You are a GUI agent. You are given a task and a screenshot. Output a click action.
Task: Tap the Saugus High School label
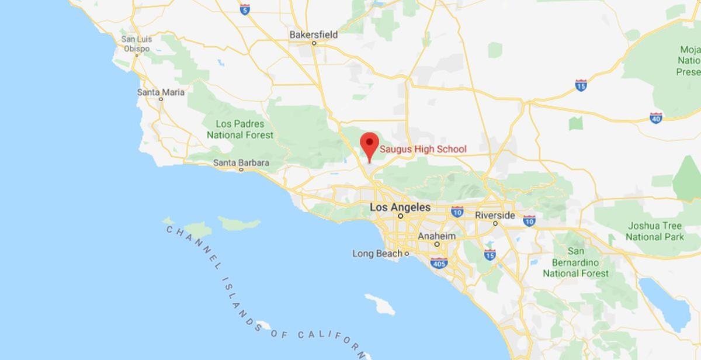(x=423, y=149)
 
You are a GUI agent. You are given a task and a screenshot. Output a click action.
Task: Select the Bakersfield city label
(x=313, y=34)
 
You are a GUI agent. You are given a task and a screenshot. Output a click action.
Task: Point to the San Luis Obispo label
(x=136, y=44)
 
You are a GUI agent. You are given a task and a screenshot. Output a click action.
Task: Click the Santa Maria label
(x=161, y=92)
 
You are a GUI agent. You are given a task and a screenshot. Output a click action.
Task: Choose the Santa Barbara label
(x=241, y=162)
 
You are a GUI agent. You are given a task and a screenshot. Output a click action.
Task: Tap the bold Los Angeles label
(x=400, y=207)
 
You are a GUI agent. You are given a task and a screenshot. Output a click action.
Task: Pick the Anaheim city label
(x=436, y=236)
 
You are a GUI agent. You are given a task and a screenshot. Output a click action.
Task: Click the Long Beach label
(x=377, y=254)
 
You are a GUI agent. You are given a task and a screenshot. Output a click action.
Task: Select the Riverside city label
(x=495, y=215)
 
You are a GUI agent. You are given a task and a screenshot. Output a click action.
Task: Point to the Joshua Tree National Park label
(x=655, y=231)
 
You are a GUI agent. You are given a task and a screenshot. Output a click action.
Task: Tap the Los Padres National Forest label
(x=240, y=129)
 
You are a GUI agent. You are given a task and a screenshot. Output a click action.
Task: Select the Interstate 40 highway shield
(x=656, y=117)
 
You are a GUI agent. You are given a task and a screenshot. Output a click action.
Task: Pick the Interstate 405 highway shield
(x=439, y=264)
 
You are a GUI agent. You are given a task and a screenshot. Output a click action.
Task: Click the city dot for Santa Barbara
(x=241, y=170)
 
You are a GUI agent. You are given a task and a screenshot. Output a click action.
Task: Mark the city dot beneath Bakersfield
(x=313, y=43)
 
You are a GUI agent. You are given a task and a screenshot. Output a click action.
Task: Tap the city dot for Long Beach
(x=407, y=254)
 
